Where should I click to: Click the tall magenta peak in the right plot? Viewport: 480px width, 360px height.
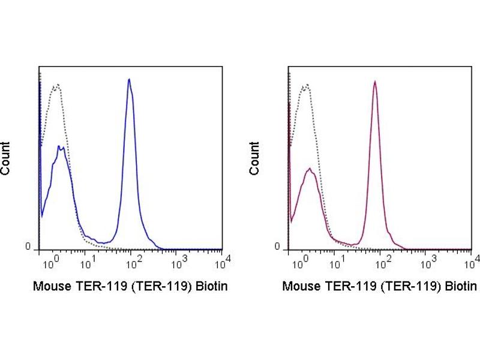[374, 83]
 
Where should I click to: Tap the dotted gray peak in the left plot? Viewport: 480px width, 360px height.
[57, 86]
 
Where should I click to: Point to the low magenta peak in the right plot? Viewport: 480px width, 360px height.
[310, 170]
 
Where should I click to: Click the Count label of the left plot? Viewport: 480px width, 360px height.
[5, 158]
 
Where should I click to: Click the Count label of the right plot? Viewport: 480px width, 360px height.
[255, 158]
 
